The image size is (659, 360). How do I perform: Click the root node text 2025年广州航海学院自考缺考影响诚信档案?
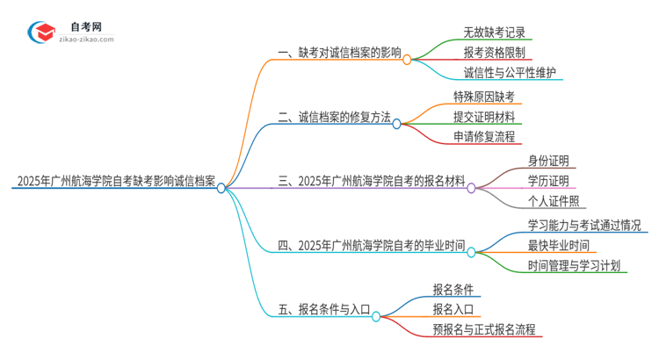click(x=115, y=182)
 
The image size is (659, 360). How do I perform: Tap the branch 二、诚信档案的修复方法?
click(x=334, y=117)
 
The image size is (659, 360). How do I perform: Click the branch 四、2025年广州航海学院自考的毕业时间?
click(x=371, y=246)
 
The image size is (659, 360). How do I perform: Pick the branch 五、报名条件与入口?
click(x=322, y=309)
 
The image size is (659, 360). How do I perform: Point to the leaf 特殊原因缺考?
click(x=483, y=96)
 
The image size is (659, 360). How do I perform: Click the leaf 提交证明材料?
click(x=483, y=116)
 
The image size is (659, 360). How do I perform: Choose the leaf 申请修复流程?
click(x=483, y=137)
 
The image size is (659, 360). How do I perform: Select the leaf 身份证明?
click(x=548, y=160)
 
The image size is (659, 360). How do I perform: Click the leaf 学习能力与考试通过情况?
click(x=584, y=224)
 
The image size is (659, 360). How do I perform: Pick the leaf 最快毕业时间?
click(x=559, y=245)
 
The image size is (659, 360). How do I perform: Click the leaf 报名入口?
click(x=453, y=309)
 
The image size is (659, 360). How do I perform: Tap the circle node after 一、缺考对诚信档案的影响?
click(x=408, y=60)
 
